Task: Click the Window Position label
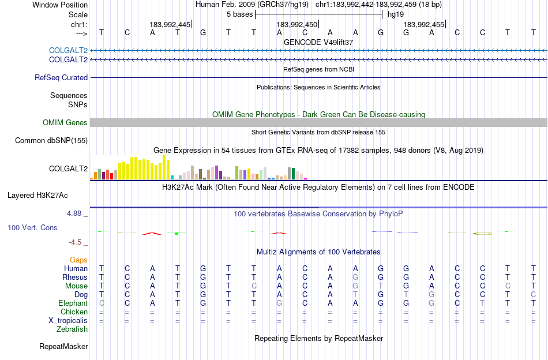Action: click(60, 5)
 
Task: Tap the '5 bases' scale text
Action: click(239, 14)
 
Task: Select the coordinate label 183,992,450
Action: click(296, 24)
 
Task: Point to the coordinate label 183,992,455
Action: click(423, 24)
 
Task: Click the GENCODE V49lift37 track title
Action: click(318, 42)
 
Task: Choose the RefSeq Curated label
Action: click(61, 77)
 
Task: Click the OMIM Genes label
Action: click(65, 123)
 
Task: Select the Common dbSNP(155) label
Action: click(51, 141)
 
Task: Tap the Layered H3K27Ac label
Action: click(37, 196)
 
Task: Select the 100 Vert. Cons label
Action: click(32, 227)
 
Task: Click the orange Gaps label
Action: click(78, 260)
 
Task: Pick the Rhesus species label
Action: click(75, 277)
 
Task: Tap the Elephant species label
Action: click(73, 303)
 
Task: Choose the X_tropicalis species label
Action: click(68, 321)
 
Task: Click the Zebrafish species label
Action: click(72, 329)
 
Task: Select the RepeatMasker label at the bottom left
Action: click(63, 346)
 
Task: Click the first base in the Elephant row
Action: click(102, 303)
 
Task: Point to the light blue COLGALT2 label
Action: click(69, 51)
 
